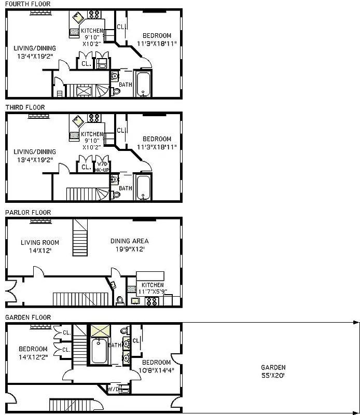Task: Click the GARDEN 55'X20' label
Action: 273,371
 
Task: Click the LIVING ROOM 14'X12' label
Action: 40,246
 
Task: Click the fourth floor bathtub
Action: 143,85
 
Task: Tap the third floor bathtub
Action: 143,188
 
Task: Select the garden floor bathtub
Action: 99,351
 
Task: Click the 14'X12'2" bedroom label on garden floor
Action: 33,353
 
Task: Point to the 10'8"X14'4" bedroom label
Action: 156,366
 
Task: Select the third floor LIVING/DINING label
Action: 35,156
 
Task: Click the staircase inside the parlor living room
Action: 80,234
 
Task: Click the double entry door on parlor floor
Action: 10,293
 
